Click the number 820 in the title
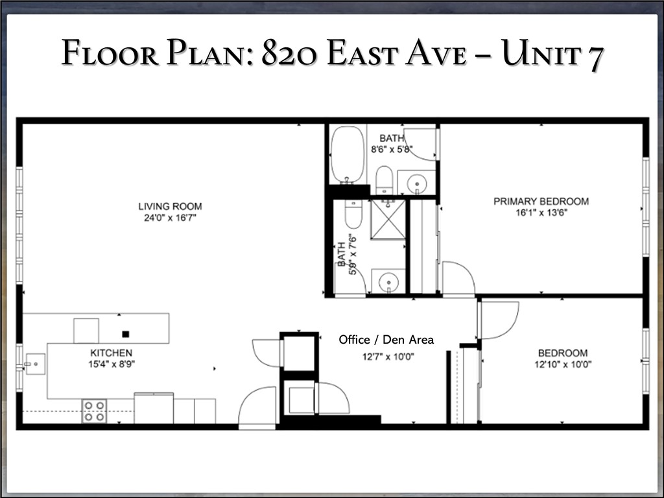289,54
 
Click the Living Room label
170,206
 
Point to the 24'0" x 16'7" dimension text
170,218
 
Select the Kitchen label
111,353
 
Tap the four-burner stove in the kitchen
94,411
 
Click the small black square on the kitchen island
126,334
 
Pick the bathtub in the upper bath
348,154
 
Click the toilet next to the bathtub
384,179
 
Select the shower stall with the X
388,220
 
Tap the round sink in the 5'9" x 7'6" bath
388,282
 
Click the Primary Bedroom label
541,201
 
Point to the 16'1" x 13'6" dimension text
541,213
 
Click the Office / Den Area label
386,339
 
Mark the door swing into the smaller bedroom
498,319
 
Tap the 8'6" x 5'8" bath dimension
392,149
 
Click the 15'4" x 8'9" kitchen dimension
111,364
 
